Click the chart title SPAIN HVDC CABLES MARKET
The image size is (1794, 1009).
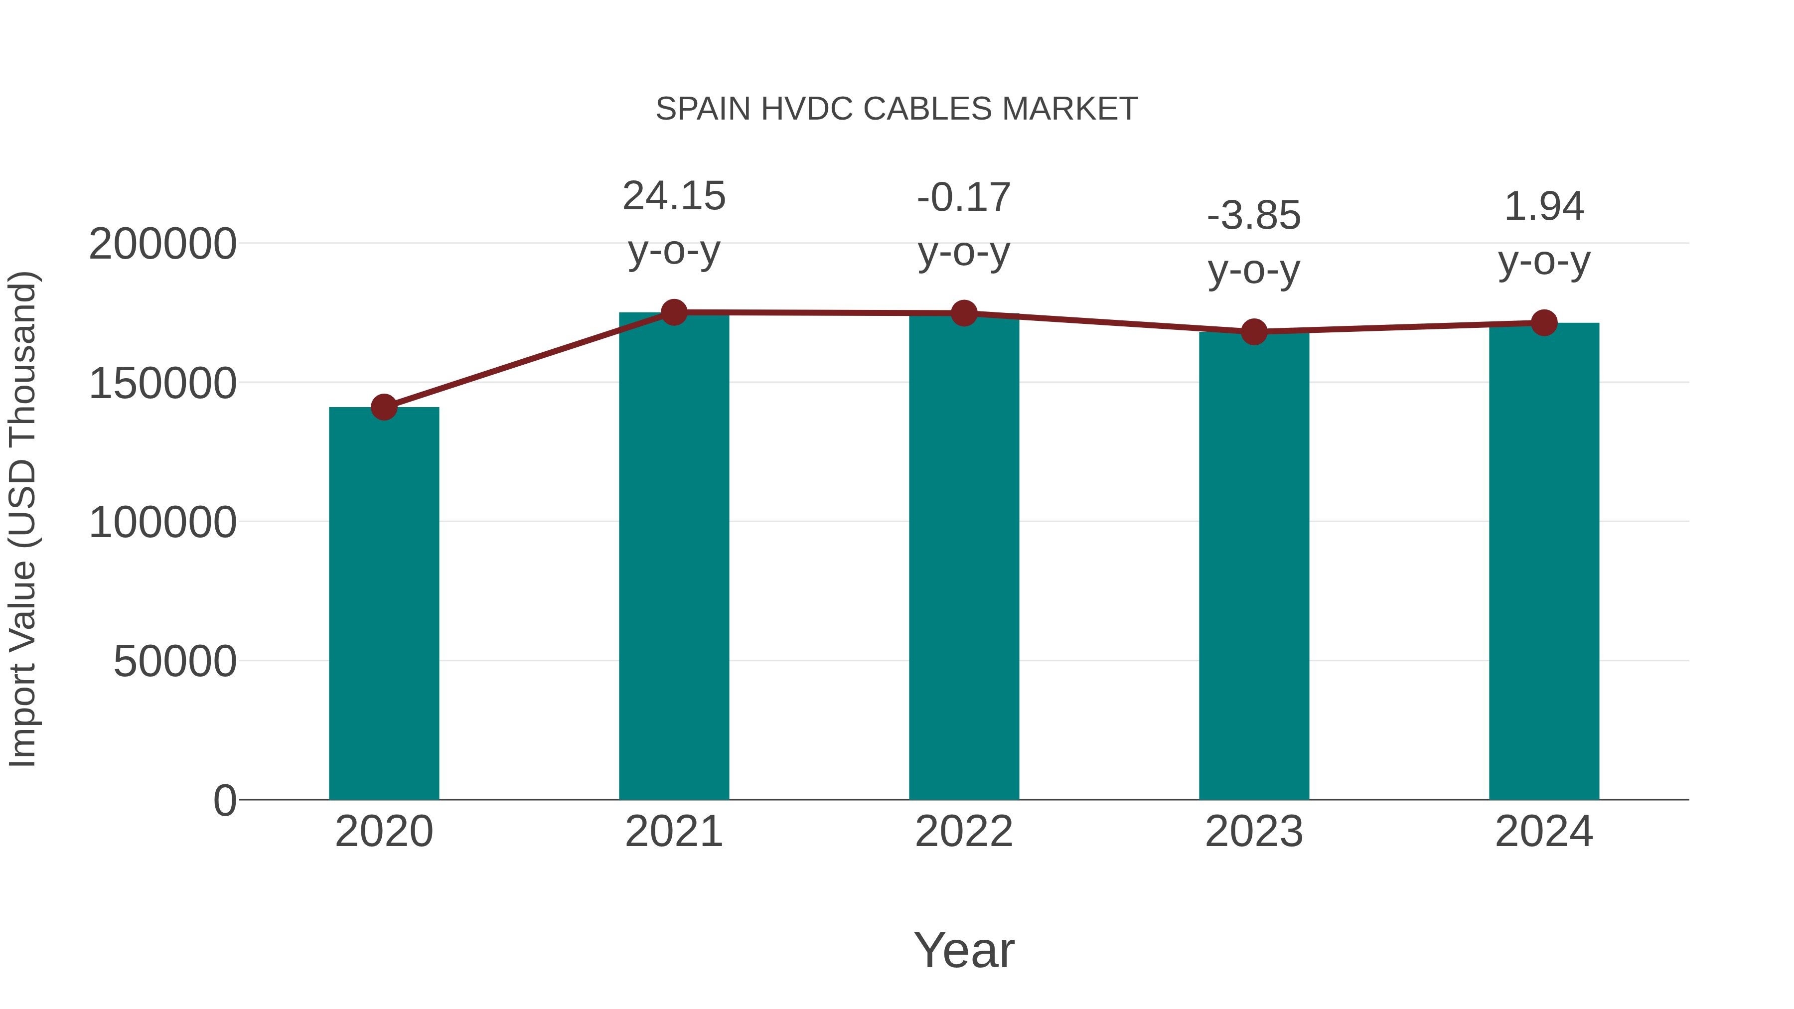(x=897, y=109)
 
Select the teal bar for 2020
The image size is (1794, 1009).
(x=384, y=603)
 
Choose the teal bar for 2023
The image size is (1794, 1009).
(x=1254, y=566)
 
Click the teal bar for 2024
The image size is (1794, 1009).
(x=1544, y=561)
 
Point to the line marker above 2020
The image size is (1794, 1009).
(x=384, y=408)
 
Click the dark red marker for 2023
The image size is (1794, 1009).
(x=1254, y=332)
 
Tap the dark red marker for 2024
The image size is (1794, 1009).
(x=1544, y=323)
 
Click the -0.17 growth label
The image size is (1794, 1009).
(x=964, y=198)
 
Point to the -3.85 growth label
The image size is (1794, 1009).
(x=1254, y=216)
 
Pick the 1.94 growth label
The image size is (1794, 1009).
(x=1544, y=207)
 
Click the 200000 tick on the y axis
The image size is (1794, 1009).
(x=162, y=245)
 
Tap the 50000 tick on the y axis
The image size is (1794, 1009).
(x=175, y=662)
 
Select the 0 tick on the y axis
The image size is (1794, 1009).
(x=224, y=800)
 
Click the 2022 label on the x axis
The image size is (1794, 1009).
(x=964, y=832)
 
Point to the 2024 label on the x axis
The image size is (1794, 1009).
(x=1544, y=832)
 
